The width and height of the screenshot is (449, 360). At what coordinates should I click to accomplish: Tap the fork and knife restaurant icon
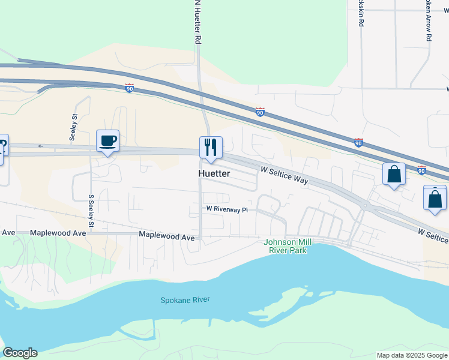coord(211,148)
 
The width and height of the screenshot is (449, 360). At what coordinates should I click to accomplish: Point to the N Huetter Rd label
coord(197,22)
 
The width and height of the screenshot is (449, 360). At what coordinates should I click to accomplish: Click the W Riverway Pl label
coord(227,209)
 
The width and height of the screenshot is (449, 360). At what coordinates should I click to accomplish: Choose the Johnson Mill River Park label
coord(286,246)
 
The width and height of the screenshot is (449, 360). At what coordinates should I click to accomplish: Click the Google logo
coord(20,353)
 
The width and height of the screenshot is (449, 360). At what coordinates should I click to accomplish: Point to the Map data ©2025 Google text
coord(411,355)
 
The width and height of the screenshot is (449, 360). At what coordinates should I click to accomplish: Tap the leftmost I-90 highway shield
coord(130,88)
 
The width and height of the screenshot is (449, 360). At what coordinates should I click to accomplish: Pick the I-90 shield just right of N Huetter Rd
coord(260,112)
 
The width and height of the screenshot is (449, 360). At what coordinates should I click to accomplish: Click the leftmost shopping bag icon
coord(394,175)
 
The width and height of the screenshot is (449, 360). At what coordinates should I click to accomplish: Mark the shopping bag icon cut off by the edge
coord(435,199)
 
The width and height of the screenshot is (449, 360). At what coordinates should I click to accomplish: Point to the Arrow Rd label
coord(429,22)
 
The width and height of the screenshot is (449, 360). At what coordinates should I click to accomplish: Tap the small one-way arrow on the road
coord(41,146)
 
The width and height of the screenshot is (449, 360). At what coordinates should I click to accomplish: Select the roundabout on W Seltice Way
coord(365,206)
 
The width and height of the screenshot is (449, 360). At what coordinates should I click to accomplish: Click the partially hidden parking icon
coord(3,146)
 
